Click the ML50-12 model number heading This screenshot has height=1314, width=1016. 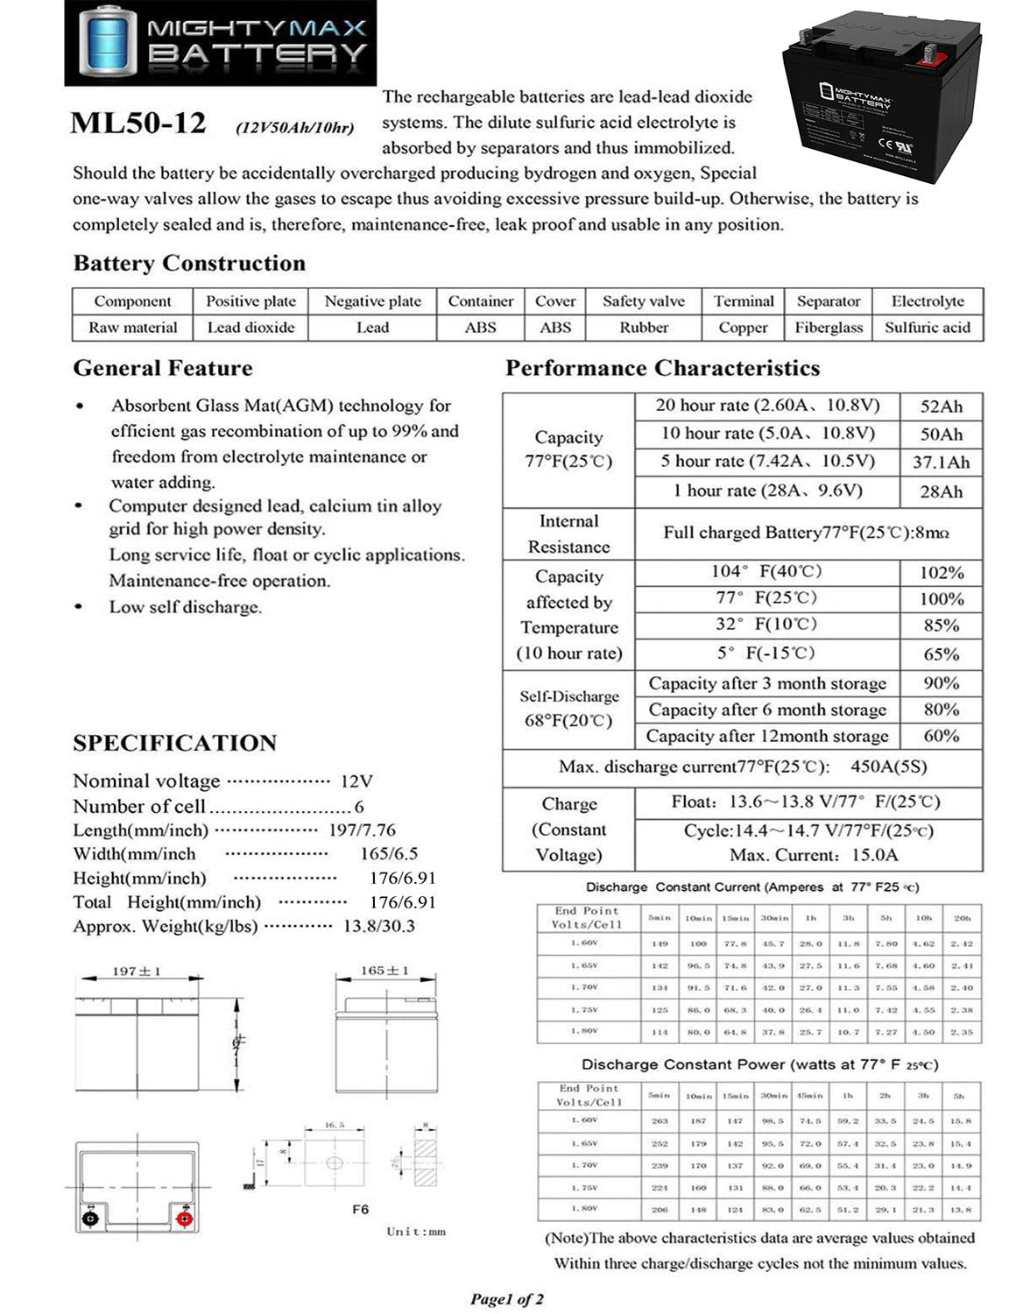138,124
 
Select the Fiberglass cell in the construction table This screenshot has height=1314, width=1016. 829,328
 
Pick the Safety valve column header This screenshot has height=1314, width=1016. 643,301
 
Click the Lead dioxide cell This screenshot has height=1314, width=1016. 250,328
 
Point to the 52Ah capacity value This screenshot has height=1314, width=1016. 941,406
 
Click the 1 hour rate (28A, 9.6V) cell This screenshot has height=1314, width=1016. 766,491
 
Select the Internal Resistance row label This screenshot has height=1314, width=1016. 568,533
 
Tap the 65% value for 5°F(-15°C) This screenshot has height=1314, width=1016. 941,654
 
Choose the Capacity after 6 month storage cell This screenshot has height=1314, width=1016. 766,710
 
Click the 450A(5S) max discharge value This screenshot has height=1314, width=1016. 888,766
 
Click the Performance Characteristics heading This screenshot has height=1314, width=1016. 662,368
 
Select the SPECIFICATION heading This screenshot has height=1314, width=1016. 174,743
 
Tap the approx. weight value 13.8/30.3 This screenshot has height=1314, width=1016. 378,926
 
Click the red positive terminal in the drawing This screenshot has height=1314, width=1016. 184,1219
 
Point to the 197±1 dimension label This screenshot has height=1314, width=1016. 137,971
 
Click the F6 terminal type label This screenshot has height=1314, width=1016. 360,1209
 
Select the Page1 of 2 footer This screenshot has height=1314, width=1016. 506,1299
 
